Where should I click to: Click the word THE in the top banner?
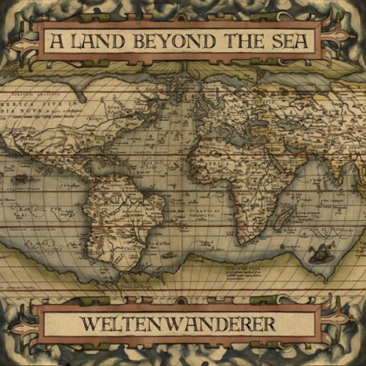tap(239, 40)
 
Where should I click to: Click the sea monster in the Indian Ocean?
tap(318, 253)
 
